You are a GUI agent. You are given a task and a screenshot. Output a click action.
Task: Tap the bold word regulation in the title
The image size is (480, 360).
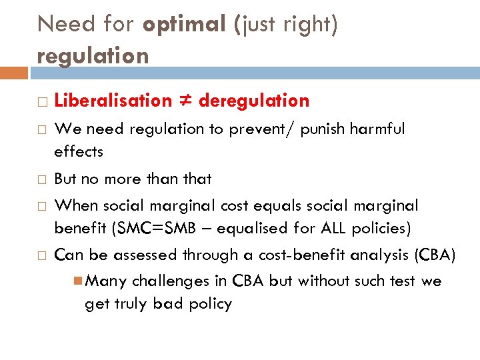[x=93, y=56]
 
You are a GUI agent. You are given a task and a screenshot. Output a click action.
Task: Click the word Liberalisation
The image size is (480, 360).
[x=113, y=101]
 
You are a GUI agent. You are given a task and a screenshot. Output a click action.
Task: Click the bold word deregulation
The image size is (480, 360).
[x=254, y=101]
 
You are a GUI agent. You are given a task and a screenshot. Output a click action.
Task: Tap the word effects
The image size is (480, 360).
[x=79, y=152]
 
